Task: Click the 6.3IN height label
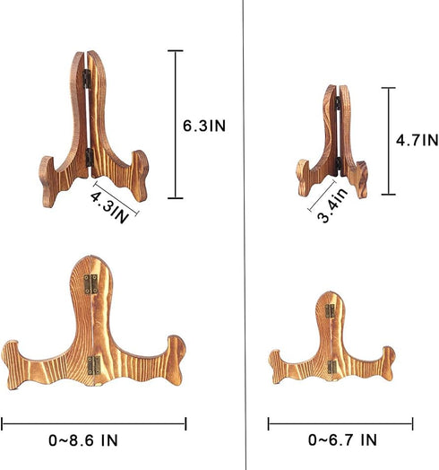pyautogui.click(x=204, y=126)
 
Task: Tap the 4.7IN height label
pyautogui.click(x=417, y=140)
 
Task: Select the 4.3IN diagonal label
pyautogui.click(x=109, y=207)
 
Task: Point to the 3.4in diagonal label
pyautogui.click(x=332, y=205)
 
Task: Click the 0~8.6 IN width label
pyautogui.click(x=83, y=440)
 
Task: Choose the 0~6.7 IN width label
pyautogui.click(x=342, y=440)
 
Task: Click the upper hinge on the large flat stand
pyautogui.click(x=90, y=283)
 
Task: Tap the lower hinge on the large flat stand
pyautogui.click(x=94, y=365)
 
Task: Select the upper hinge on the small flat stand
pyautogui.click(x=330, y=311)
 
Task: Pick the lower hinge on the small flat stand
pyautogui.click(x=331, y=367)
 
